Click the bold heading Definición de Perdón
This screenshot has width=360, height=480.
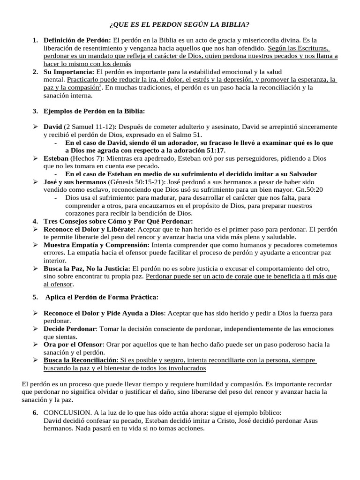click(77, 40)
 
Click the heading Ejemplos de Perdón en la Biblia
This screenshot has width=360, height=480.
click(94, 111)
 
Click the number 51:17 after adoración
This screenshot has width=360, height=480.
click(214, 150)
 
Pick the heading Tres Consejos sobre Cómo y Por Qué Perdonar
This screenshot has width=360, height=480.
click(118, 221)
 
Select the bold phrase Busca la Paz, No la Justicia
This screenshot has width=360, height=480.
click(87, 269)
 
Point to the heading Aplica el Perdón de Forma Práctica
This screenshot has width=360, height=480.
click(102, 297)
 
